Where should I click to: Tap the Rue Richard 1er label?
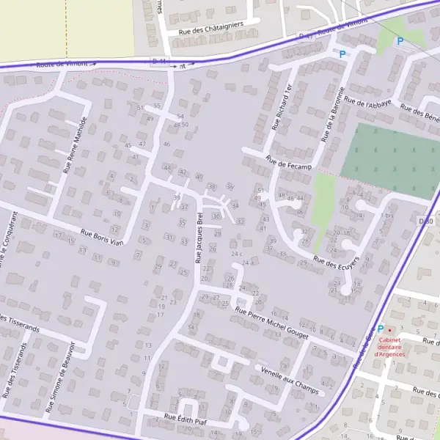281,107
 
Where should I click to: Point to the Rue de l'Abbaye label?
368,104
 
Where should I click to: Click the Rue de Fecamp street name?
290,164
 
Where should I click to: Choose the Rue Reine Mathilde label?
76,144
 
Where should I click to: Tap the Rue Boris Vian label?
103,237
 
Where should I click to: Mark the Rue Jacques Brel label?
199,238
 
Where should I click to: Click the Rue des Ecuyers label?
336,263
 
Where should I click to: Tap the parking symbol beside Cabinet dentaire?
380,329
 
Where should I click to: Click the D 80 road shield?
425,221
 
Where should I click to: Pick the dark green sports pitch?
389,150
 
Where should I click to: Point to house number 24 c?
236,254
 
